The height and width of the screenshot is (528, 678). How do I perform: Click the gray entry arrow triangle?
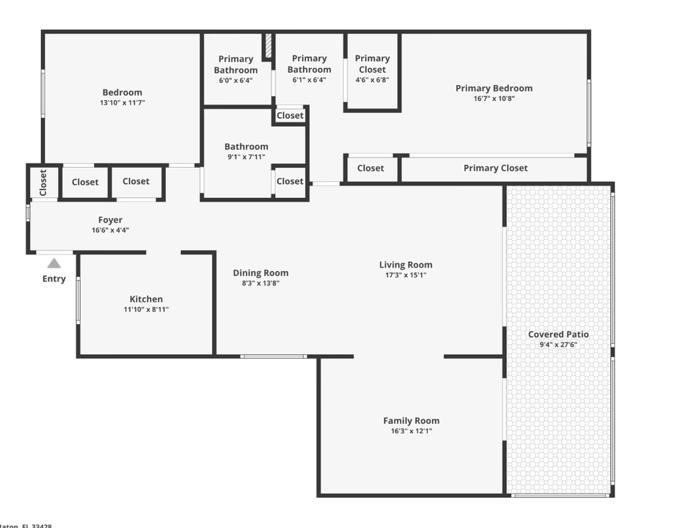coord(54,263)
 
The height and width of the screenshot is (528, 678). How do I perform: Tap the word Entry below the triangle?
coord(54,279)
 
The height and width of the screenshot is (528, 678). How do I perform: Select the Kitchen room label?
coord(146,299)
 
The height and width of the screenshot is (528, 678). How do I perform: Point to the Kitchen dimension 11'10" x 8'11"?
coord(146,309)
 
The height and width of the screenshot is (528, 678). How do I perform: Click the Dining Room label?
coord(260,273)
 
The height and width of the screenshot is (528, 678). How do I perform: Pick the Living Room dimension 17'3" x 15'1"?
coord(406,275)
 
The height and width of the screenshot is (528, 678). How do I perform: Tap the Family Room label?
coord(411,421)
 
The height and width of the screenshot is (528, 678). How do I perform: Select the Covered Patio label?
coord(558,334)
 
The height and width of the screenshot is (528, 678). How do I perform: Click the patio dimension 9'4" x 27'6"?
coord(558,344)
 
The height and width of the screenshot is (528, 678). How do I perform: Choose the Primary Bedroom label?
coord(494,89)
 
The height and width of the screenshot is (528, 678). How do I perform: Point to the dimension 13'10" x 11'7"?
coord(122,103)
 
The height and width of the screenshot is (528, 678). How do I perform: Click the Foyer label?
coord(111,220)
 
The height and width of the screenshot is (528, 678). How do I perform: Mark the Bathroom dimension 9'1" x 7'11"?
coord(246,157)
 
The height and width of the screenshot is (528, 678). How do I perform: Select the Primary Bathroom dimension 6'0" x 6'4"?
coord(236,81)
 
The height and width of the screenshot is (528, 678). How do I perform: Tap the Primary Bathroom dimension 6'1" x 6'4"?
coord(309,80)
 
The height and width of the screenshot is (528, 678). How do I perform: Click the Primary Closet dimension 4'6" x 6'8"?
coord(372,80)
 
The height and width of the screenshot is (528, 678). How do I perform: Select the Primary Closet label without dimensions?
coord(495,168)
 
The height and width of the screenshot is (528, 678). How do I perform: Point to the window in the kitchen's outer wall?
coord(78,300)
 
